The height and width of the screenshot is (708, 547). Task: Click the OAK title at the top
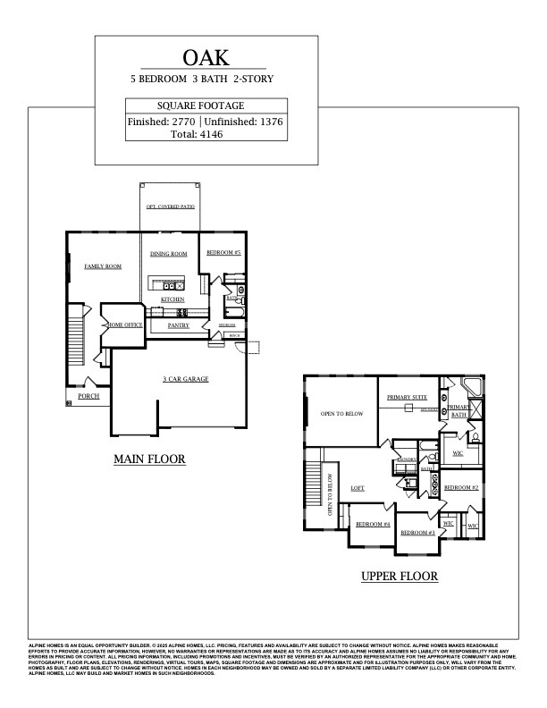click(206, 58)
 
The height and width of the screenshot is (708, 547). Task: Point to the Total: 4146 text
click(197, 134)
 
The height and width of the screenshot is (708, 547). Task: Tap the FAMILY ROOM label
click(103, 266)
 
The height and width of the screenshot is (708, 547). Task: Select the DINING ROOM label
click(168, 254)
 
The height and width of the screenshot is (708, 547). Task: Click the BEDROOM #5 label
click(224, 254)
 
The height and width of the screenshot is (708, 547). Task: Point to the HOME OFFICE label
click(125, 325)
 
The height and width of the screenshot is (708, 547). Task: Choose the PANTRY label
click(179, 326)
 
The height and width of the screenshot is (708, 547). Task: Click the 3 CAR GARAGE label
click(186, 379)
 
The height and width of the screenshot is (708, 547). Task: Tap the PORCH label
click(88, 395)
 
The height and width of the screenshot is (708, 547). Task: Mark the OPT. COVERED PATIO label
click(170, 206)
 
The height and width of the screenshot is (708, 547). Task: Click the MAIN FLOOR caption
click(149, 459)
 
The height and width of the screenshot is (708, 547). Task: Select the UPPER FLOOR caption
click(400, 577)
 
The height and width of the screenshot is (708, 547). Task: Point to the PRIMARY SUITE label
click(407, 395)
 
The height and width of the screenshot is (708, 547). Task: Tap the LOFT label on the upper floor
click(358, 488)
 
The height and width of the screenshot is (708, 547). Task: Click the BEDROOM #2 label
click(462, 487)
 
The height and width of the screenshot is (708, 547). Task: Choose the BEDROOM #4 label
click(374, 524)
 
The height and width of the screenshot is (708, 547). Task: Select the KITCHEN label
click(173, 299)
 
